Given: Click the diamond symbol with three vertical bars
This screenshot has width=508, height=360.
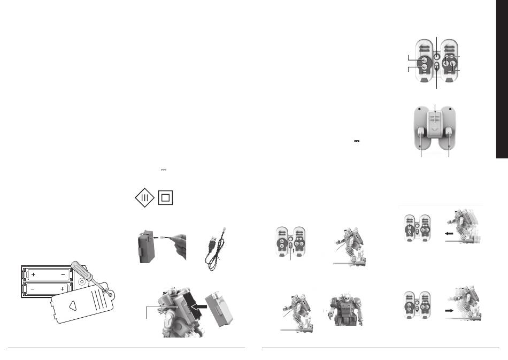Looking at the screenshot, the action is [144, 198].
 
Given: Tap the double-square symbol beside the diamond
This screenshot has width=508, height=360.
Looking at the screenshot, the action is [166, 198].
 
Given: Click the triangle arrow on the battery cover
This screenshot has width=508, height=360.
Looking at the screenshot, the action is [73, 305].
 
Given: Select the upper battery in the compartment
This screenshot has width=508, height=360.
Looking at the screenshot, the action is [48, 274].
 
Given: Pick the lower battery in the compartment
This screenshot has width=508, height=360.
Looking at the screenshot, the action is [48, 288].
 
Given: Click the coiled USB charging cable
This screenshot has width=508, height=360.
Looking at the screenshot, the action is [215, 249].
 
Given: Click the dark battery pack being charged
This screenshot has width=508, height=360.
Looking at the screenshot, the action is [147, 247].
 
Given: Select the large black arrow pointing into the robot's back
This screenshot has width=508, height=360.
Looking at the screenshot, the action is [198, 306].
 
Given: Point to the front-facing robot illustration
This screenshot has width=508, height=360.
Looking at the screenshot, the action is [345, 310].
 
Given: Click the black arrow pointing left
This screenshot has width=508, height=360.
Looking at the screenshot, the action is [449, 233].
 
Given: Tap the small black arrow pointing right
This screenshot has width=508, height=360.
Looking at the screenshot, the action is [449, 310].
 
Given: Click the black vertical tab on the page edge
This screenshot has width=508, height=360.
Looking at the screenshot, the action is [502, 79].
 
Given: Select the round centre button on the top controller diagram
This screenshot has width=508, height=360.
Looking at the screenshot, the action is [437, 56].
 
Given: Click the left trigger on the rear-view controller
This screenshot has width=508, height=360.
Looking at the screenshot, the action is [421, 132].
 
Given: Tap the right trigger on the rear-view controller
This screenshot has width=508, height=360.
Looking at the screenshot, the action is [449, 132].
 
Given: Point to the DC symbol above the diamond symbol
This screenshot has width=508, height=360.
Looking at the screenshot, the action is [164, 171].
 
